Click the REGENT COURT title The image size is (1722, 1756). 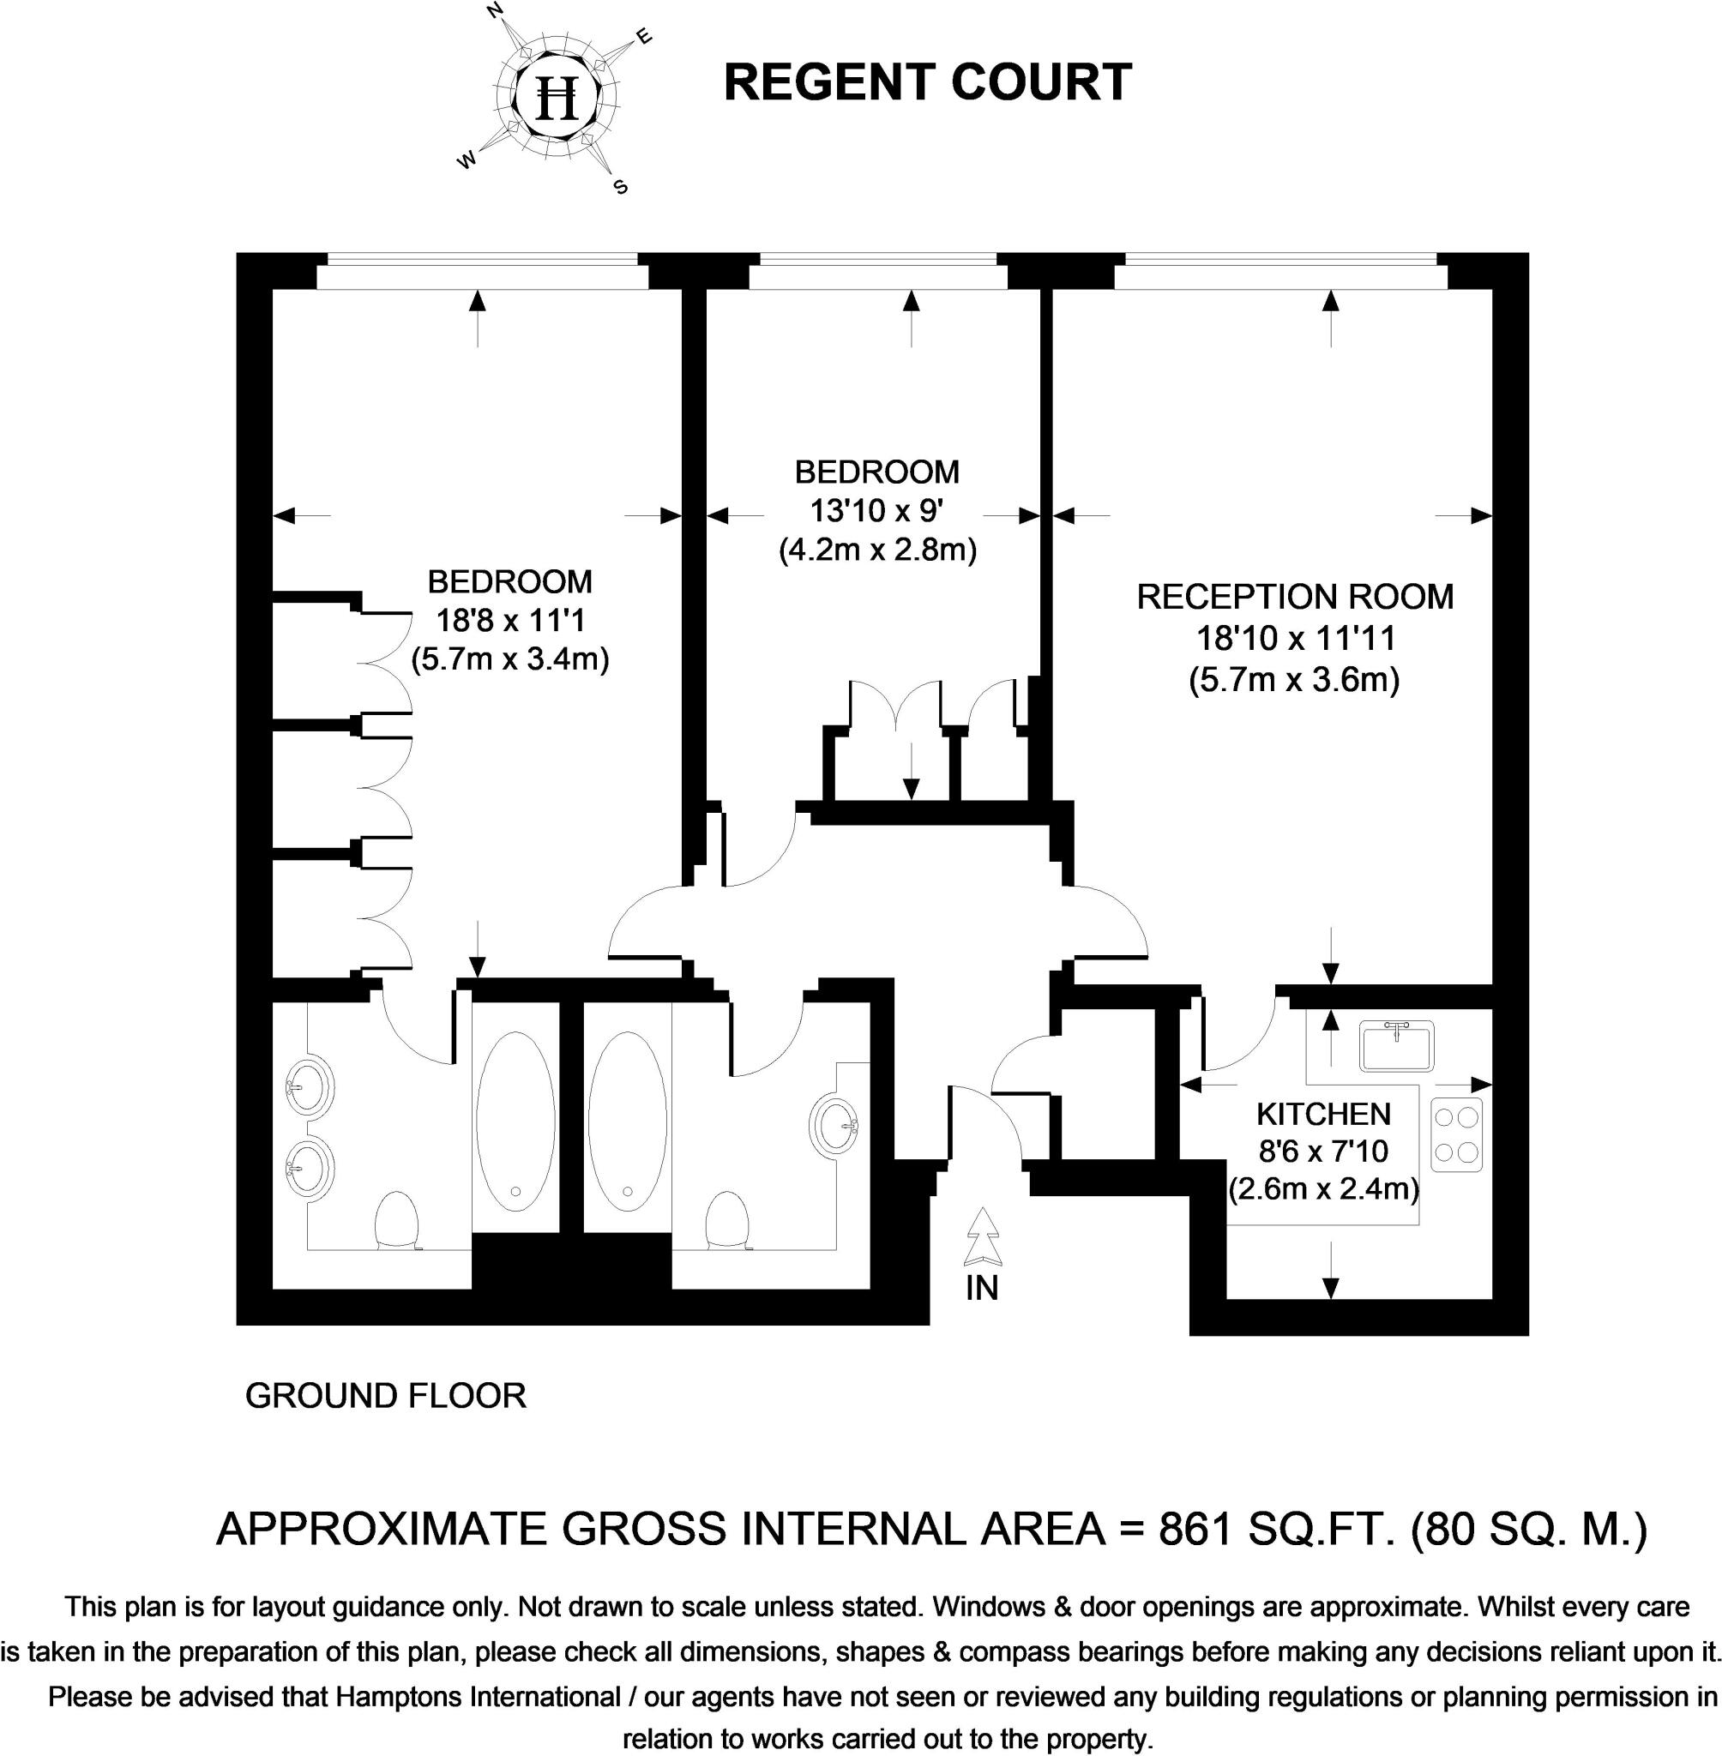(928, 82)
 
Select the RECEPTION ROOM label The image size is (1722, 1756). (1294, 598)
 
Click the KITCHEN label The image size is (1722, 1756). (1323, 1113)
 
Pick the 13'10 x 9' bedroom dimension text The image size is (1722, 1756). (876, 512)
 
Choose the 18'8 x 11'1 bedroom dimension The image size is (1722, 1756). (510, 620)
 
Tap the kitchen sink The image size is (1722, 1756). (1397, 1046)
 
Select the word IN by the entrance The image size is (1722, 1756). (981, 1288)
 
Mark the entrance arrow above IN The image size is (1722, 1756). (982, 1239)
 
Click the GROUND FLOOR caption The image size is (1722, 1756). (385, 1396)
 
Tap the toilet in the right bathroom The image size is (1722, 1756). (727, 1221)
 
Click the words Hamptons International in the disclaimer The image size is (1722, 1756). (478, 1671)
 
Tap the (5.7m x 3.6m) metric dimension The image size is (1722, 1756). (1294, 679)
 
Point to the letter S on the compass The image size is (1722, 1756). (620, 188)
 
